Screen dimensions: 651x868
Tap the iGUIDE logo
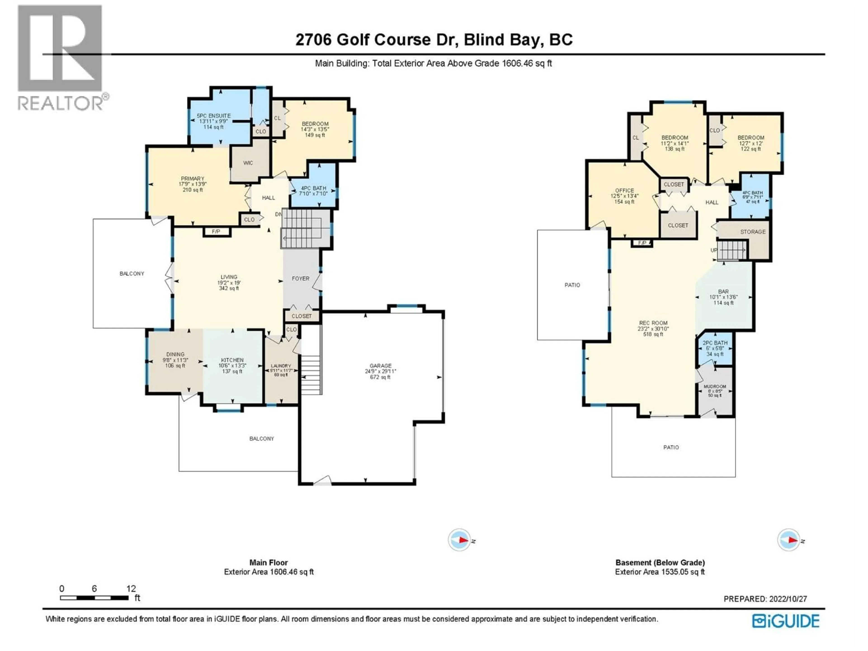tap(785, 621)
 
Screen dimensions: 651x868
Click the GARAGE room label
tap(380, 366)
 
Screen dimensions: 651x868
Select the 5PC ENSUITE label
tap(213, 116)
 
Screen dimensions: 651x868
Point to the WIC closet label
tap(248, 163)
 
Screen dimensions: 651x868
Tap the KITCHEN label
tap(232, 360)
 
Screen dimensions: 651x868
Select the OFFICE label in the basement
tap(624, 190)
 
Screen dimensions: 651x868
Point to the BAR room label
tap(723, 292)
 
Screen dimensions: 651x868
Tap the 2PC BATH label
tap(715, 343)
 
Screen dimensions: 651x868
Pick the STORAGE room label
tap(753, 232)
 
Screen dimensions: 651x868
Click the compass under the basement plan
tap(788, 540)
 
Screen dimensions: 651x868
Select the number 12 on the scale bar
tap(131, 589)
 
